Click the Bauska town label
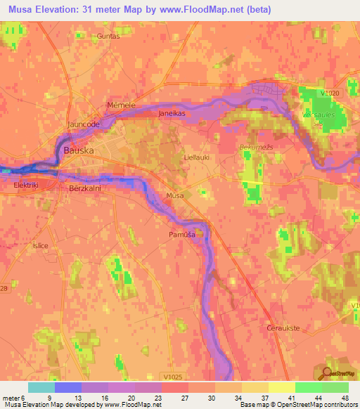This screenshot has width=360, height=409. pyautogui.click(x=78, y=150)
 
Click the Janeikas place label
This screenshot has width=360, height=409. pyautogui.click(x=172, y=112)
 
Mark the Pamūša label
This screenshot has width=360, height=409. pyautogui.click(x=181, y=234)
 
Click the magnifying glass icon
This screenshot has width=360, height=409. pyautogui.click(x=326, y=372)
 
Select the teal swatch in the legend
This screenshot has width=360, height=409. pyautogui.click(x=41, y=387)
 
